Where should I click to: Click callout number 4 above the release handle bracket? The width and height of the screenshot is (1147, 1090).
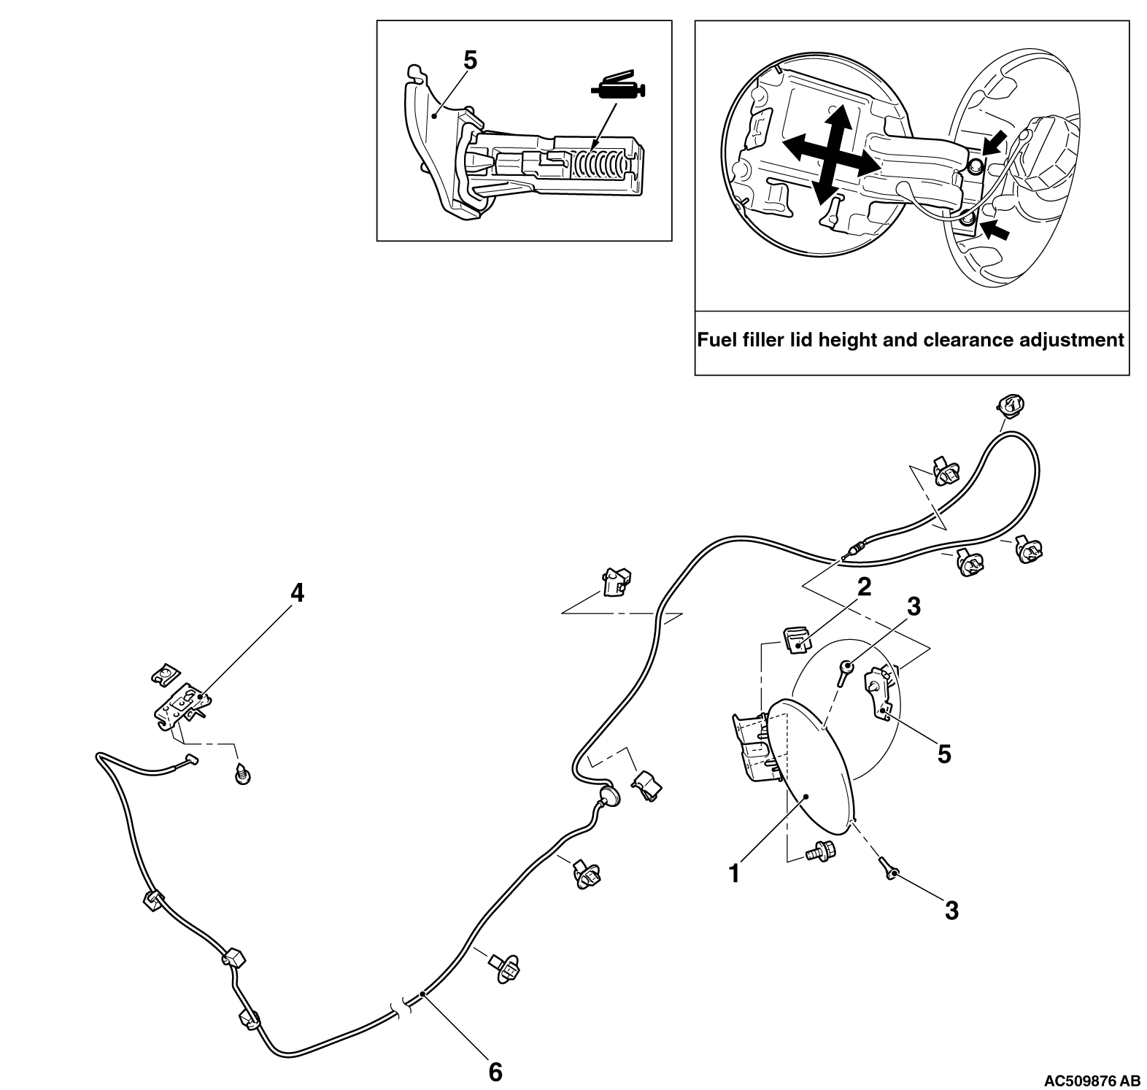coord(296,593)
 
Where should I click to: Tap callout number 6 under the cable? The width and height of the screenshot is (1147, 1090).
coord(495,1072)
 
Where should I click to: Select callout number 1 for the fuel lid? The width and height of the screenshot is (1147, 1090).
coord(735,873)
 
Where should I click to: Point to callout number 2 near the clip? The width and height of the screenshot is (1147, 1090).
coord(864,587)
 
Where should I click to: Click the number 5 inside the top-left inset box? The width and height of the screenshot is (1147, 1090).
coord(471,61)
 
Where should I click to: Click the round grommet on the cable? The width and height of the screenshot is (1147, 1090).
coord(608,797)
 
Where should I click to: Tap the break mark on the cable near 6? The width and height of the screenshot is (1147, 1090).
coord(401,1009)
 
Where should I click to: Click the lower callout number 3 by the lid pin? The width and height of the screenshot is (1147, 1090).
coord(951,910)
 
